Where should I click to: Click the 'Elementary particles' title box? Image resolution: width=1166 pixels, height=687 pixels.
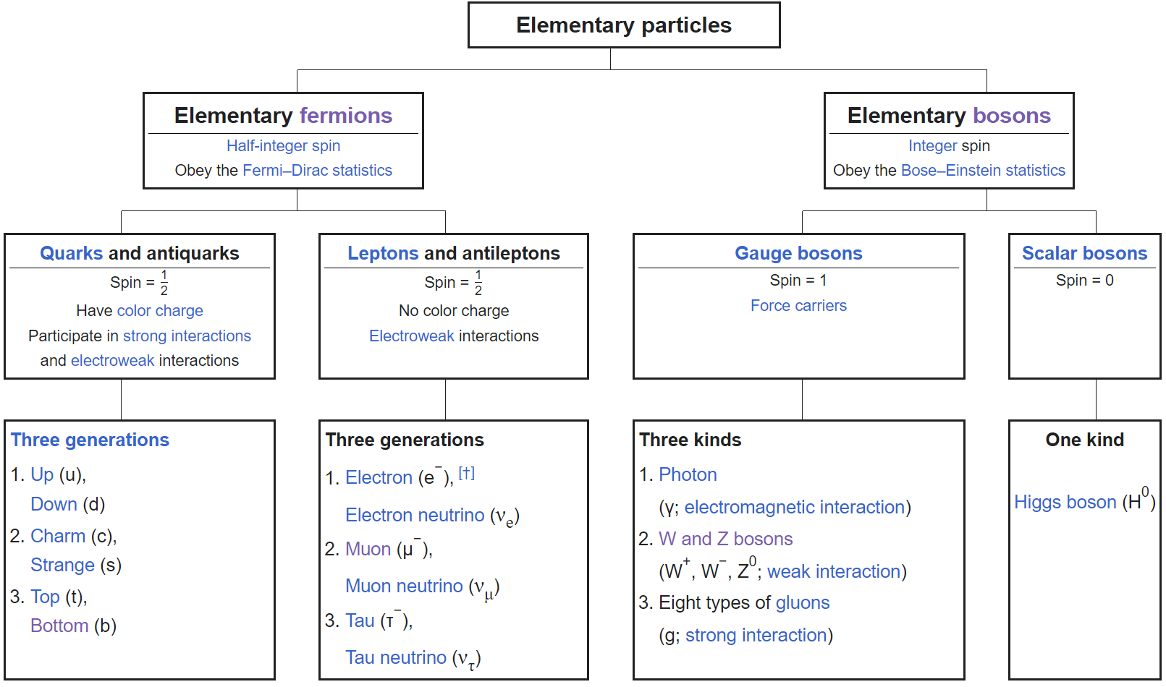(x=624, y=25)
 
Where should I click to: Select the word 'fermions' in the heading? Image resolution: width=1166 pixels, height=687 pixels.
(x=346, y=116)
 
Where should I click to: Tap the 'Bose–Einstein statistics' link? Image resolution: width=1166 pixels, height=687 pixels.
(x=983, y=170)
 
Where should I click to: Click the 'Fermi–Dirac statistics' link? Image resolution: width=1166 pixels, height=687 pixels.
(x=317, y=170)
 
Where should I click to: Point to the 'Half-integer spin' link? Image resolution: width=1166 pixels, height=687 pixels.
(x=283, y=146)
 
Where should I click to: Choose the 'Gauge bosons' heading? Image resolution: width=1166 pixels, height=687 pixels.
(x=798, y=253)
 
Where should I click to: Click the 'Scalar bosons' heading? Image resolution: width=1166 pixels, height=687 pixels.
(x=1084, y=253)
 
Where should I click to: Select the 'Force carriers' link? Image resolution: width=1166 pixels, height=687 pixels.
(x=798, y=306)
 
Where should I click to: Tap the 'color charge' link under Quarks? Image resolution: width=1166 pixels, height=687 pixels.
(x=160, y=310)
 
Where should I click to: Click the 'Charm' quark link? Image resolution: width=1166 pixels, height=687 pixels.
(x=58, y=536)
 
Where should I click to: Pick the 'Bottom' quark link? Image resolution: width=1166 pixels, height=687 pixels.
(x=59, y=625)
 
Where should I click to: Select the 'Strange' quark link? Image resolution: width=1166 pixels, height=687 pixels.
(x=62, y=566)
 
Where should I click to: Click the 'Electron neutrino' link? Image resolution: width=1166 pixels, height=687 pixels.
(x=415, y=515)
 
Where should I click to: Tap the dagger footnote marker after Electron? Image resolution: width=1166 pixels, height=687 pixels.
(x=466, y=473)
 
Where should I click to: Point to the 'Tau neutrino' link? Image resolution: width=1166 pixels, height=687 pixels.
(x=396, y=657)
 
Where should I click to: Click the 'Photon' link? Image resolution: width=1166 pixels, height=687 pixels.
(x=688, y=474)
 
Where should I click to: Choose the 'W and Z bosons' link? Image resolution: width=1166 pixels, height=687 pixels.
(x=726, y=539)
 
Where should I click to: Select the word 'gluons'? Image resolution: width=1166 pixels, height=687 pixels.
(x=802, y=602)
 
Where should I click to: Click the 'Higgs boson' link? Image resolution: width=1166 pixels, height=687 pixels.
(x=1065, y=502)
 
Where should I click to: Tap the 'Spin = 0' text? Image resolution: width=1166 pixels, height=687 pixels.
(x=1084, y=281)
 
